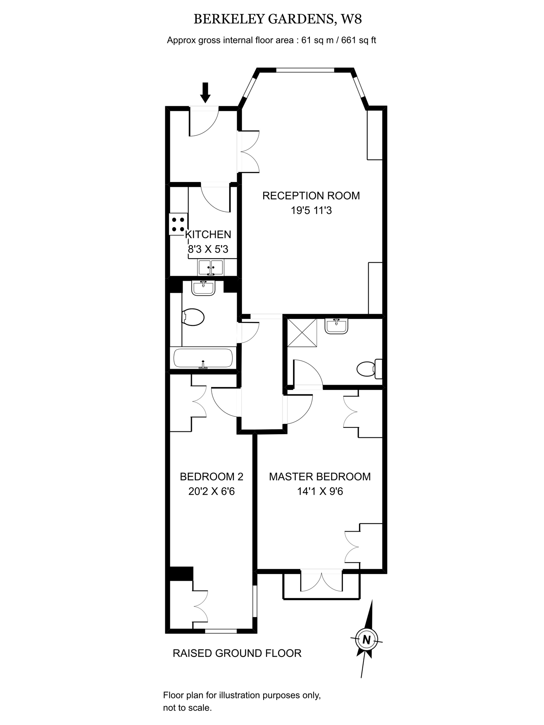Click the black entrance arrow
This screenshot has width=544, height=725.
[x=206, y=92]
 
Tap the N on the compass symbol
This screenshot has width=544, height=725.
[x=366, y=639]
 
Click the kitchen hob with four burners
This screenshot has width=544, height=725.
[x=178, y=224]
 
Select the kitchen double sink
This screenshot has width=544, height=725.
[x=211, y=267]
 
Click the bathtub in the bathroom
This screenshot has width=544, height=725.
[x=203, y=358]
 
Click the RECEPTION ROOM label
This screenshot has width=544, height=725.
[x=311, y=196]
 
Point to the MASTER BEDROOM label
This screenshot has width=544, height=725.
[x=320, y=476]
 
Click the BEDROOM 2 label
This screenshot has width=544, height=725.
[x=212, y=476]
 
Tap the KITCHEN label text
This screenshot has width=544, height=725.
[x=208, y=234]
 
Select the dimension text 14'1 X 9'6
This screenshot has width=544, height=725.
[x=320, y=491]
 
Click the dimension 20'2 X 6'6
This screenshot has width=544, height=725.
[x=212, y=491]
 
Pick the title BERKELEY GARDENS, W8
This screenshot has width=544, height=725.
[x=278, y=19]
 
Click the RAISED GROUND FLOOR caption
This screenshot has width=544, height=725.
[x=237, y=653]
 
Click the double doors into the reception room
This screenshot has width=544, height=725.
[x=249, y=151]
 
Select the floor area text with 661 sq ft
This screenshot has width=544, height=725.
[x=272, y=40]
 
